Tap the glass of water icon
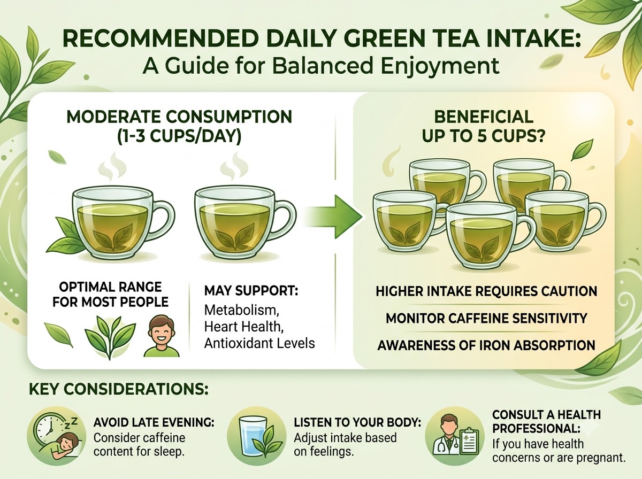pos(253,437)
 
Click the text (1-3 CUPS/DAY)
pos(179,136)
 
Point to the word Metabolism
pos(242,310)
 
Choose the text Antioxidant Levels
pos(259,343)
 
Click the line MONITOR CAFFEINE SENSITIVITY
pos(486,318)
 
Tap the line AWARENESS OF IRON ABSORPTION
pos(486,345)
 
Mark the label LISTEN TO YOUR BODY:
pos(357,422)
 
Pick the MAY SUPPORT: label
pos(251,290)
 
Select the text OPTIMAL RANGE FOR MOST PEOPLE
pos(110,295)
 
